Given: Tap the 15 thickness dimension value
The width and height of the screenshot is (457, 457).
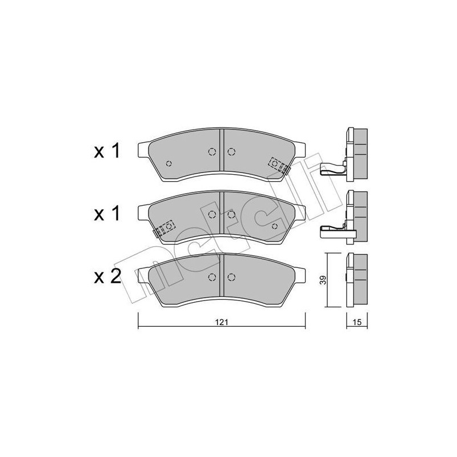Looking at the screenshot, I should pos(356,322).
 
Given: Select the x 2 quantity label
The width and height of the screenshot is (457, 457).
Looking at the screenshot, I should pos(107,277).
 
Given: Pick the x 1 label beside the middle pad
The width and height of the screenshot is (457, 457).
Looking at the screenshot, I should pos(107,214).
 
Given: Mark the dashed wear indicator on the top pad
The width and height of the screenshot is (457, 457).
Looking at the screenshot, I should pos(279,165).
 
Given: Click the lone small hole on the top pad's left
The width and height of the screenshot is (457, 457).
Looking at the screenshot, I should pos(168,163).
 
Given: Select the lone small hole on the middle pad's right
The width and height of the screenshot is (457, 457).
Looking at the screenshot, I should pos(275,226).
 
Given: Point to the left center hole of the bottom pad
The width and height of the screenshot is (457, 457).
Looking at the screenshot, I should pos(213,278).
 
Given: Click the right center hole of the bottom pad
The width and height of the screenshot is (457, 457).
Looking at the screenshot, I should pos(231,278).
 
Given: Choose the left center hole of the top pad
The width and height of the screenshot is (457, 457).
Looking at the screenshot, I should pos(213,151).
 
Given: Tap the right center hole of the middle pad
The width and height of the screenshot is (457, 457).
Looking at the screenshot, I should pos(231,214).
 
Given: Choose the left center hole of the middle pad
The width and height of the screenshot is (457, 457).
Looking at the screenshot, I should pos(213,214).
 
